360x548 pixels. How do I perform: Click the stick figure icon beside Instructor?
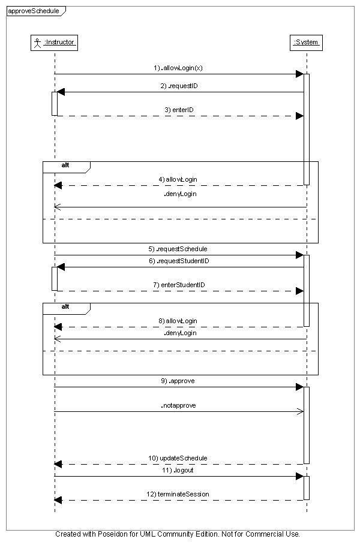(37, 43)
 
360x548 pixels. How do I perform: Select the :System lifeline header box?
(306, 43)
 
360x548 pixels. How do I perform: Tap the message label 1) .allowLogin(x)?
(178, 68)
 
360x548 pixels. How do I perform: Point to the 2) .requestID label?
(179, 86)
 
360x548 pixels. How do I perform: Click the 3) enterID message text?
(179, 110)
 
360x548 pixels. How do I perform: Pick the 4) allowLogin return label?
(178, 179)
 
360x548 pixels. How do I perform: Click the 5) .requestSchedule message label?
(178, 249)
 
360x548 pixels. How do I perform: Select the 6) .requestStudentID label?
(179, 261)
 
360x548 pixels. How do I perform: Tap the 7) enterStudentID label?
(179, 285)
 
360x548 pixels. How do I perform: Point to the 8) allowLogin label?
(178, 321)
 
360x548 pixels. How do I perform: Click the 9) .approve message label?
(178, 381)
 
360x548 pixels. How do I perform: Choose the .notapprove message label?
(178, 405)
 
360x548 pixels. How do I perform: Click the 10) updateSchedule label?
(178, 458)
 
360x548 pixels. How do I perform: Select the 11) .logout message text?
(178, 470)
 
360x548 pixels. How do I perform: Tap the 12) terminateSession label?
(178, 494)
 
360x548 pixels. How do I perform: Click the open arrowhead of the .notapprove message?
(300, 411)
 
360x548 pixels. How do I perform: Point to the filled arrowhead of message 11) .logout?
(299, 477)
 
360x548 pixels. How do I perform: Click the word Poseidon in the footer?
(112, 534)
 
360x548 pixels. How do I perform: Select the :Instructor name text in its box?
(59, 43)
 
